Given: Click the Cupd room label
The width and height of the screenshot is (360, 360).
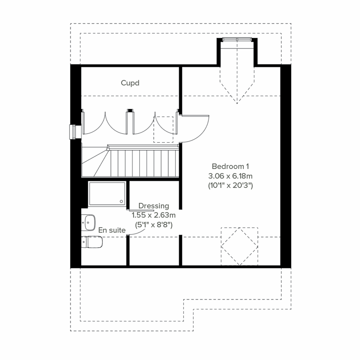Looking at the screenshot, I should pos(130,83).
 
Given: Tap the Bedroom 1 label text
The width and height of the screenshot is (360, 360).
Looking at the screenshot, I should pos(230,166).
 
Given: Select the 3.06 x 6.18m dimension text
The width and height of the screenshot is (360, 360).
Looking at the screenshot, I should pos(230,176).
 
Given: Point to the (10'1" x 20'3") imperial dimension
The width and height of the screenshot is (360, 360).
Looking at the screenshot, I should pos(230,186).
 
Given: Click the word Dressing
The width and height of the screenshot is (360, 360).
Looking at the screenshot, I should pos(154,206).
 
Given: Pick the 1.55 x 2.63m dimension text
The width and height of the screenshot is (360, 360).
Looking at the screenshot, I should pos(154,215).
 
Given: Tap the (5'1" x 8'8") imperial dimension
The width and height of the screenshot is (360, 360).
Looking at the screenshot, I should pos(154,224).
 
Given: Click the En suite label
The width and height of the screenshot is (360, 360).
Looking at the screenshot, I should pos(112,230).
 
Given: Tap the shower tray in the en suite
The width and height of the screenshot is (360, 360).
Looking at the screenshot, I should pos(107,194).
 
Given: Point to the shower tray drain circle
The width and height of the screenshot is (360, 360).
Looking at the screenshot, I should pos(121,202).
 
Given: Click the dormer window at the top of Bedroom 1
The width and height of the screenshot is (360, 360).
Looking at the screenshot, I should pos(237,39).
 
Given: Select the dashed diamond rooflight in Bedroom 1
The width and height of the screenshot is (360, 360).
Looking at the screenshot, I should pos(239,246).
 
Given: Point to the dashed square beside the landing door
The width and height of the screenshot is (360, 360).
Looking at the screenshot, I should pos(163,129).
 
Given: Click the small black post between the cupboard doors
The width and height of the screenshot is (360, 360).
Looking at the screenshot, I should pos(130,111).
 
